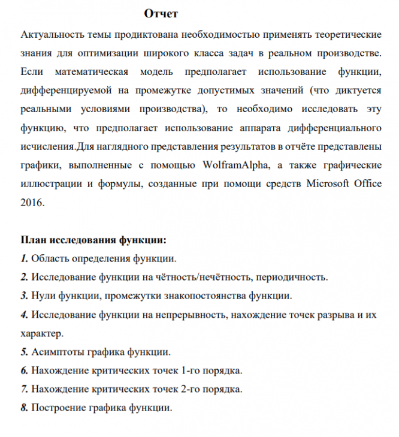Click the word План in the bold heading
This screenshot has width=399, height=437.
pyautogui.click(x=33, y=241)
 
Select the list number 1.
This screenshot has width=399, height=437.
pyautogui.click(x=23, y=259)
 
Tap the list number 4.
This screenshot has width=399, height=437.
pyautogui.click(x=23, y=314)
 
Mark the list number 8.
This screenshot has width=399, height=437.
pyautogui.click(x=23, y=408)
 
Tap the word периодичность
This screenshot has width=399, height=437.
pyautogui.click(x=291, y=278)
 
